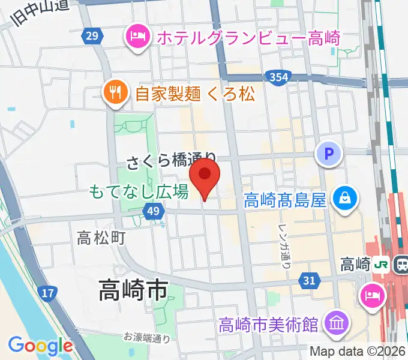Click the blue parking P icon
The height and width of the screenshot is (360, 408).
(328, 155)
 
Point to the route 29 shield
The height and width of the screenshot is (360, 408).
(91, 37)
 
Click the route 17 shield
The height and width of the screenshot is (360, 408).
(49, 293)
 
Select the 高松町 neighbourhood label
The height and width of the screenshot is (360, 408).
(101, 238)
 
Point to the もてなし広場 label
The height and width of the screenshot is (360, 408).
(139, 192)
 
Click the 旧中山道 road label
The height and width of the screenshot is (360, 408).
(40, 13)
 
